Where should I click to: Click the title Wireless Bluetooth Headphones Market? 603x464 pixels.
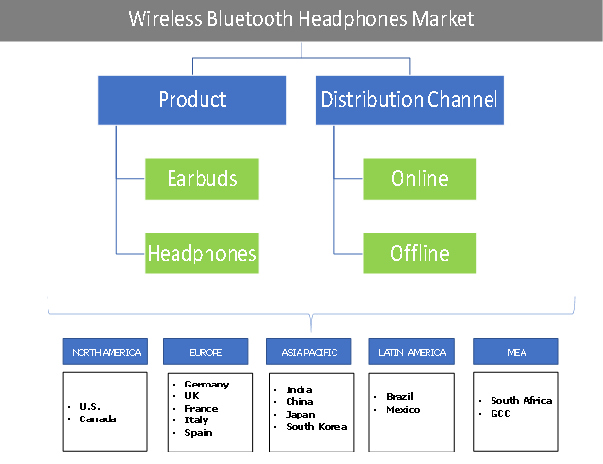point(301,19)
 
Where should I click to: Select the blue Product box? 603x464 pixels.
point(192,99)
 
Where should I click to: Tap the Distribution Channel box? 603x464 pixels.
point(408,99)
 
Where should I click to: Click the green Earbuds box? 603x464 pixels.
point(202,179)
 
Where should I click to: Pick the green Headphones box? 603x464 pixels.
point(202,254)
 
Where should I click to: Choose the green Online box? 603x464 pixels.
point(420,179)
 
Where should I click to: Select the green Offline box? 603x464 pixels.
point(420,254)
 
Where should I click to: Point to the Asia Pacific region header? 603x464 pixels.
point(310,352)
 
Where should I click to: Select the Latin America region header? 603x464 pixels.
point(412,352)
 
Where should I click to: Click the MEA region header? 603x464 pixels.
point(516,352)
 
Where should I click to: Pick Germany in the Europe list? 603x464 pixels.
point(206,384)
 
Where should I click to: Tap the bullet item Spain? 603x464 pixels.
point(199,432)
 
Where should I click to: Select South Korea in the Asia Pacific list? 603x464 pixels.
point(316,426)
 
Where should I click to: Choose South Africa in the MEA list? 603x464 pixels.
point(521,400)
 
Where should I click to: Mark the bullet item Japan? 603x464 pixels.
point(300,414)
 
